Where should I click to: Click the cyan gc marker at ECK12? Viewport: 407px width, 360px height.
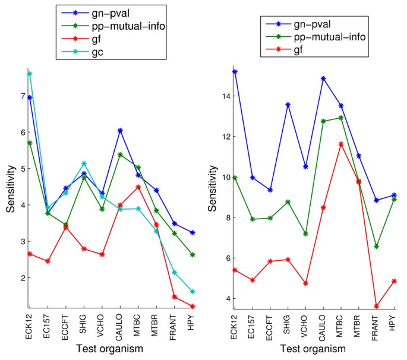tap(30, 74)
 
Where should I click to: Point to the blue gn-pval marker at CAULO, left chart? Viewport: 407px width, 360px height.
tap(121, 131)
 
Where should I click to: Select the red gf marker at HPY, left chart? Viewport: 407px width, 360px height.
tap(194, 307)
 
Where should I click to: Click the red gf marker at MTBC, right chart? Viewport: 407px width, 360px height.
tap(341, 144)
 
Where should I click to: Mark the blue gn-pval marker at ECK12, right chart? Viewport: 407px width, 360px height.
tap(235, 72)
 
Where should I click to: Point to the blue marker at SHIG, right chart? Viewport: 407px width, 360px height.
tap(288, 105)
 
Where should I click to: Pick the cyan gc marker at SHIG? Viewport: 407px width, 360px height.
tap(84, 163)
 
